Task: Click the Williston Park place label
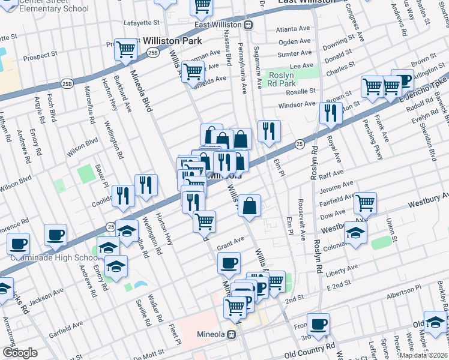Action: click(171, 41)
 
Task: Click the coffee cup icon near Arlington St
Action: click(402, 80)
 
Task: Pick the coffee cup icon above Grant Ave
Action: click(228, 262)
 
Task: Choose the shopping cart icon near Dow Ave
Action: click(364, 203)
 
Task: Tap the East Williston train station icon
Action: click(247, 25)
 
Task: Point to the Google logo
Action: click(20, 353)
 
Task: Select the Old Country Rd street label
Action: click(310, 347)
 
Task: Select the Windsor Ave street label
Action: click(297, 104)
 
